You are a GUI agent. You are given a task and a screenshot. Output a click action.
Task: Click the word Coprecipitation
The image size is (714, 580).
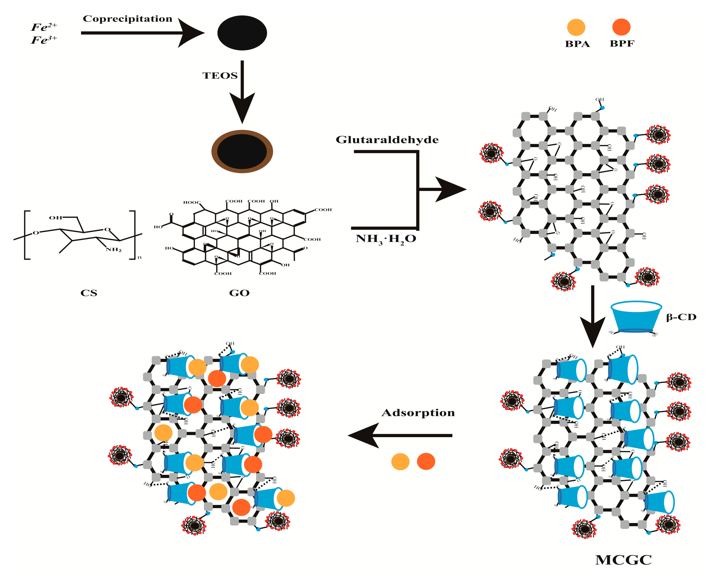[x=127, y=19]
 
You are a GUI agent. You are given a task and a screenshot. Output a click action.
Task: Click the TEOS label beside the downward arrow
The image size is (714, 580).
[x=220, y=76]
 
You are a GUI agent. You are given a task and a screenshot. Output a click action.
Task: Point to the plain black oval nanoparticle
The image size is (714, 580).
[x=242, y=33]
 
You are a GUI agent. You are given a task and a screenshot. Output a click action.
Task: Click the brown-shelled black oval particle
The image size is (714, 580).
[x=242, y=151]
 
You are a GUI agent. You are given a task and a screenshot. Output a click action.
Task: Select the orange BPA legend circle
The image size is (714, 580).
[x=576, y=27]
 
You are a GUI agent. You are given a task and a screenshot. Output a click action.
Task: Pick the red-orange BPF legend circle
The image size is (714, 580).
[x=621, y=27]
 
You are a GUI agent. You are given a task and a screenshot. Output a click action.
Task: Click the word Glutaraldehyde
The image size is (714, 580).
[x=387, y=140]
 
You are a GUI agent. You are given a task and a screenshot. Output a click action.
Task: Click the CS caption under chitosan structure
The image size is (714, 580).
[x=89, y=293]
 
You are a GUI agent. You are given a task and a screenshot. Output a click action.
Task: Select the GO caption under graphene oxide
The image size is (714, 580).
[x=239, y=293]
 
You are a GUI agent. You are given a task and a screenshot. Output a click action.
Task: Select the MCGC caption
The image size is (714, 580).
[x=623, y=560]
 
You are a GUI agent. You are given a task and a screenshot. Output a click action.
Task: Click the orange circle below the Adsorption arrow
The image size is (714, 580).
[x=400, y=462]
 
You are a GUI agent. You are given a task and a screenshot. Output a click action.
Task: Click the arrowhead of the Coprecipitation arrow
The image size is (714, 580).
[x=191, y=33]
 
